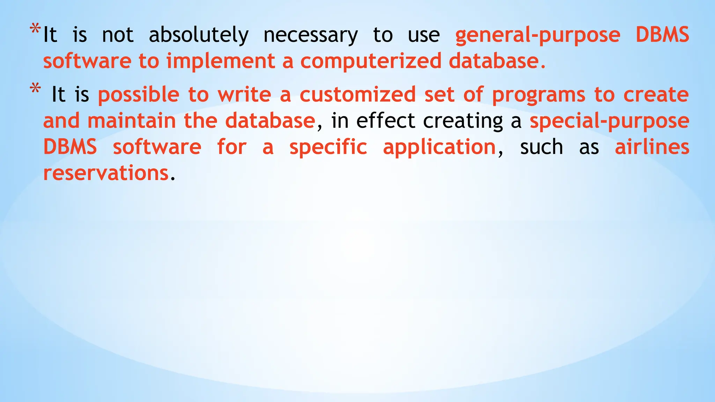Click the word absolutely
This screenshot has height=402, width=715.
[199, 35]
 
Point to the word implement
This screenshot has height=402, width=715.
[221, 61]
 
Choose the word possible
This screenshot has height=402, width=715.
[139, 95]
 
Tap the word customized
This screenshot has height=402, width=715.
[357, 95]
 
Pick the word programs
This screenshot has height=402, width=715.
[538, 95]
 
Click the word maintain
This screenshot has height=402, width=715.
[132, 121]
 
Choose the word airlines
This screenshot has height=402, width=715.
[652, 147]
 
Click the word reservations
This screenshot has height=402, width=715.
[106, 173]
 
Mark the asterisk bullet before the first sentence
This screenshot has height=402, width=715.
[35, 29]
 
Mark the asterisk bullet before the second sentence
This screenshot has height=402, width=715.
[35, 89]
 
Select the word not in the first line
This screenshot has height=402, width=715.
[118, 35]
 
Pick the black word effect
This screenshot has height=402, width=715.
[385, 121]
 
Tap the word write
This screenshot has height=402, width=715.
[244, 95]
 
